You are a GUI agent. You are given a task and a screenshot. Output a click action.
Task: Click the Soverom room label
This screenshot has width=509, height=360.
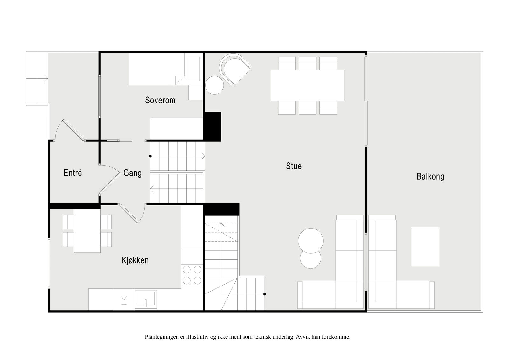160,100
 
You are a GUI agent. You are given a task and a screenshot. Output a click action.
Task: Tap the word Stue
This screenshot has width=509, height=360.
294,166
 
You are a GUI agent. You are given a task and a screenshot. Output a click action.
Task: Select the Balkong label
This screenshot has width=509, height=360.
430,177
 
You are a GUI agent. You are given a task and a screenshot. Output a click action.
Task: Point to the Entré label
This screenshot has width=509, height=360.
73,173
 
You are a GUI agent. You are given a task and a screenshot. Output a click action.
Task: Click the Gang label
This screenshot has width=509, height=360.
132,173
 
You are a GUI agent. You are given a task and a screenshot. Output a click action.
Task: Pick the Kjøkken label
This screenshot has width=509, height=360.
135,260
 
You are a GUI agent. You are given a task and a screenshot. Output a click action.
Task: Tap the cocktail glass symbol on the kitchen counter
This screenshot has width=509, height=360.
124,300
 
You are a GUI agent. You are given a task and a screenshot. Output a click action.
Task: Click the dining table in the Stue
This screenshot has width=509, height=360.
307,86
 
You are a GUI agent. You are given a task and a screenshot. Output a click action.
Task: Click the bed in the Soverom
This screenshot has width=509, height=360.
157,69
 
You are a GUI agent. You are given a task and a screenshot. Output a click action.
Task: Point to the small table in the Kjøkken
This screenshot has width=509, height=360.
87,230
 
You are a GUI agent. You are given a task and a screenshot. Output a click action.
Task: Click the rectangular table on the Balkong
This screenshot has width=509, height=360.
425,246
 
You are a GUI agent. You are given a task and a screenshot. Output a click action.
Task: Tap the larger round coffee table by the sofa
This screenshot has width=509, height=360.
310,241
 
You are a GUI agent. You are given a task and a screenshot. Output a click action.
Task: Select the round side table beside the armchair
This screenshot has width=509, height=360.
214,85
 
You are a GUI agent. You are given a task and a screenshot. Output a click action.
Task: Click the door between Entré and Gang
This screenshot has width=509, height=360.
110,180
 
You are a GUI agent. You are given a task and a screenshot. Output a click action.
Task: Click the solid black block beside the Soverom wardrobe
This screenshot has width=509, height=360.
212,127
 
